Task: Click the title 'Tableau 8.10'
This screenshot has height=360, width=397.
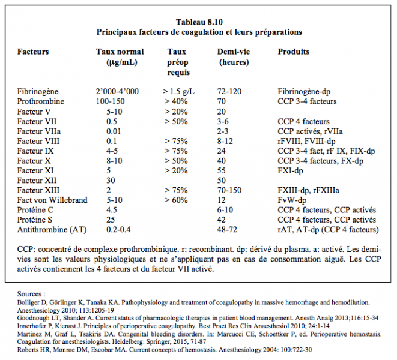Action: coord(199,22)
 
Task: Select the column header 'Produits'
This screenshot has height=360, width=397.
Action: coord(294,52)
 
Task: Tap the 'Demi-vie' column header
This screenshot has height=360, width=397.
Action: coord(234,52)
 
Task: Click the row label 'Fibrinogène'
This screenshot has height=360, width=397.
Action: coord(38,91)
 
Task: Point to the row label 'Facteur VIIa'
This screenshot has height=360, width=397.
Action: coord(39,131)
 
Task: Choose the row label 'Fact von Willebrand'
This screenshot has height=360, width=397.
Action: coord(52,200)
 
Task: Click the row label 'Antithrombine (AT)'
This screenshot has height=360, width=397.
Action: coord(52,230)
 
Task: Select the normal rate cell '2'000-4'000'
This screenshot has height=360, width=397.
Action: coord(117,91)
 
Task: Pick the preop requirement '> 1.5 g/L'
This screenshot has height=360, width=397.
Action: coord(178,91)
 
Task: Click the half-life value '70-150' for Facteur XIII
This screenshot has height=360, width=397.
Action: coord(229,190)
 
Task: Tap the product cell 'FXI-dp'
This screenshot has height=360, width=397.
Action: coord(290,171)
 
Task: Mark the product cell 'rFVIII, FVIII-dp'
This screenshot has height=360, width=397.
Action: coord(307,141)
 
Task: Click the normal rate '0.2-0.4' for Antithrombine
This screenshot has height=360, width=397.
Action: coord(118,230)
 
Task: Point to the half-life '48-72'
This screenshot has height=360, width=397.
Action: coord(227,230)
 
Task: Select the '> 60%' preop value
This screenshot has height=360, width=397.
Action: coord(176,200)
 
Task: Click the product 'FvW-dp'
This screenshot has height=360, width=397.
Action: coord(292,200)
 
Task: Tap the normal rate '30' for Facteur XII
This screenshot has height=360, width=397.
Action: coord(111,181)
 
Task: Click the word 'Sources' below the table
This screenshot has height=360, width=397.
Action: coord(29,294)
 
